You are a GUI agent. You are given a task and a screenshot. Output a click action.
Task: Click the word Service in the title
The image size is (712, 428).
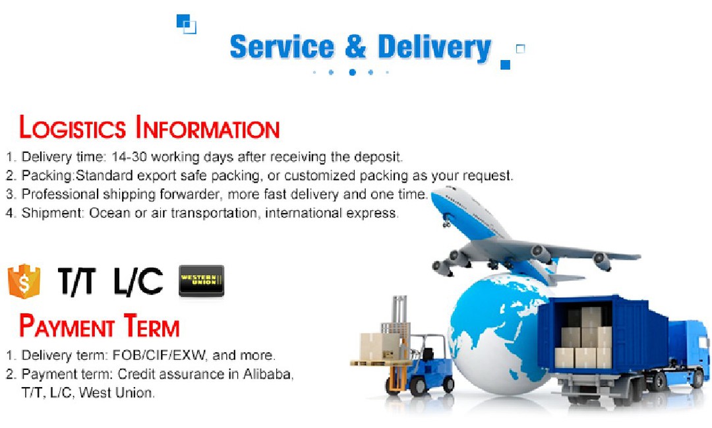point(282,47)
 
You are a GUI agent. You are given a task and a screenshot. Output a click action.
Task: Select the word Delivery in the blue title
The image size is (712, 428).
point(434,48)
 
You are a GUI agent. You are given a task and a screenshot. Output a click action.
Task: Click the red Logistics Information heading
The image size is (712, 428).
point(150,127)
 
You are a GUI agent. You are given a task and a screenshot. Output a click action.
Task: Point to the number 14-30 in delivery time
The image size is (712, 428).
point(129,157)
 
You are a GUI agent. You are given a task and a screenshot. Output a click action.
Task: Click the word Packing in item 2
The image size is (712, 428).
point(47,176)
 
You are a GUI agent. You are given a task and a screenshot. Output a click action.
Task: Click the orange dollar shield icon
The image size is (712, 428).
point(24,281)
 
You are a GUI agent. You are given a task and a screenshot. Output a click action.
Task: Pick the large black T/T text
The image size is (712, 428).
point(77,281)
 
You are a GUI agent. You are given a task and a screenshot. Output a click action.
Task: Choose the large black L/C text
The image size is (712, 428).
point(138,281)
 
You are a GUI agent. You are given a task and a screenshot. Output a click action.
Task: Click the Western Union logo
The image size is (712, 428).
point(201,281)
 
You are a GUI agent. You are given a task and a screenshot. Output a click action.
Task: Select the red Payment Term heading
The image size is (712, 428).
point(100,326)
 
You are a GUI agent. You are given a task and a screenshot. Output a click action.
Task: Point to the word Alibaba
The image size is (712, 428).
point(268,374)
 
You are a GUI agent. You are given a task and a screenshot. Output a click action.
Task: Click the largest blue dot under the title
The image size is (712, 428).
point(352,73)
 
